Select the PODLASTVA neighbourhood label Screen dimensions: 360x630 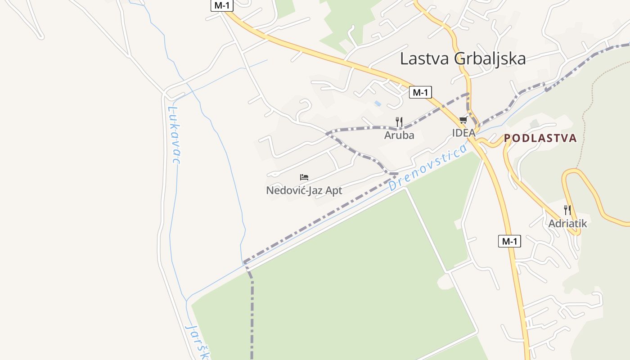(x=540, y=138)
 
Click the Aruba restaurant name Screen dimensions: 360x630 (x=399, y=135)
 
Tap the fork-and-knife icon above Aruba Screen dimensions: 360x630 (x=399, y=121)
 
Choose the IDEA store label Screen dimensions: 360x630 (x=463, y=133)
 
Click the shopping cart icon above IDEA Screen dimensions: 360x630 (x=463, y=120)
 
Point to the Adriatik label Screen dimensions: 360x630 (x=567, y=223)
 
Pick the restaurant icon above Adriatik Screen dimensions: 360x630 (x=567, y=210)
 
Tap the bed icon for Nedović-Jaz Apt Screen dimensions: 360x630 (x=304, y=177)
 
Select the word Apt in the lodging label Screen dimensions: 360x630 (x=333, y=190)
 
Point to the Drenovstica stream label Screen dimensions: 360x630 (x=428, y=167)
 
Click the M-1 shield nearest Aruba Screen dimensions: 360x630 (x=420, y=93)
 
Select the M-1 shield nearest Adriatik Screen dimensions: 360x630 (x=509, y=241)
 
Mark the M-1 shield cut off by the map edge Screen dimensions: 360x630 (x=222, y=5)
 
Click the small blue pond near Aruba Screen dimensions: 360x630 (x=378, y=103)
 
